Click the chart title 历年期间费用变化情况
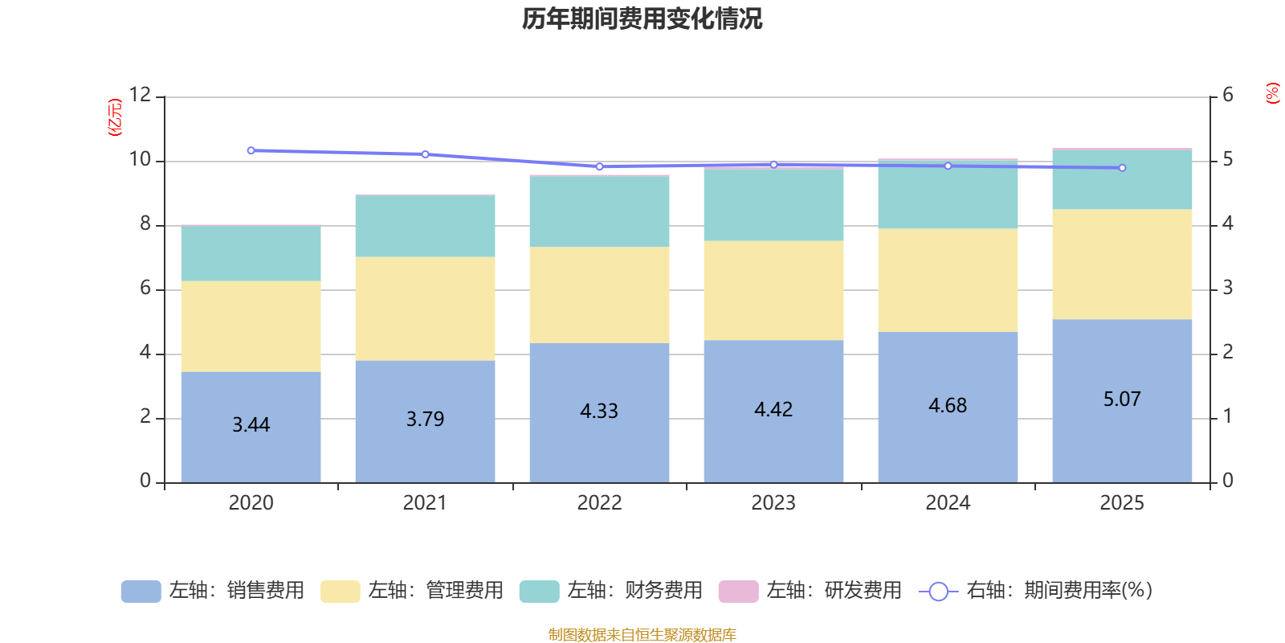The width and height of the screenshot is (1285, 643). pyautogui.click(x=642, y=18)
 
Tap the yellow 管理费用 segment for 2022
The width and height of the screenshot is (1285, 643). pyautogui.click(x=599, y=295)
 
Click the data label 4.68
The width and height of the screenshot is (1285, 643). pyautogui.click(x=948, y=406)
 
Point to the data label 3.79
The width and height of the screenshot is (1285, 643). pyautogui.click(x=425, y=420)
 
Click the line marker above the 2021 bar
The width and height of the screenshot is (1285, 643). pyautogui.click(x=425, y=154)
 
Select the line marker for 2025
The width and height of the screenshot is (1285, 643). pyautogui.click(x=1122, y=168)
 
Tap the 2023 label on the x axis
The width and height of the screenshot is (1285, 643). pyautogui.click(x=773, y=503)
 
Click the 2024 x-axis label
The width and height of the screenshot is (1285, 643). pyautogui.click(x=948, y=503)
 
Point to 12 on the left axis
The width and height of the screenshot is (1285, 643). pyautogui.click(x=141, y=96)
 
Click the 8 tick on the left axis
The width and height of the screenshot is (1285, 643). pyautogui.click(x=145, y=224)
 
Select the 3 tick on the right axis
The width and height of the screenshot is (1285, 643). pyautogui.click(x=1227, y=289)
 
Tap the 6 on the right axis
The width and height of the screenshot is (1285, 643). pyautogui.click(x=1227, y=96)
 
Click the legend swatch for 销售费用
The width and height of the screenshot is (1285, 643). pyautogui.click(x=141, y=592)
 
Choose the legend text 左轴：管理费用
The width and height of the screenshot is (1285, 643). pyautogui.click(x=435, y=592)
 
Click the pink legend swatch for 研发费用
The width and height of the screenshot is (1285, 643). pyautogui.click(x=738, y=592)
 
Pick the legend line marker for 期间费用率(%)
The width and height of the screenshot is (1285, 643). pyautogui.click(x=938, y=592)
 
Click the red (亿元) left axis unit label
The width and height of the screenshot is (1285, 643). pyautogui.click(x=115, y=117)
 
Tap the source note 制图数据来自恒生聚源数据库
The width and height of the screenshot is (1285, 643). pyautogui.click(x=642, y=635)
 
